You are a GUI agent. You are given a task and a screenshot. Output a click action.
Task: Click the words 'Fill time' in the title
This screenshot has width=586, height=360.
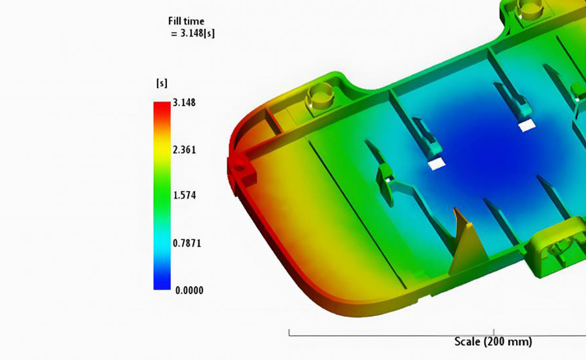186,21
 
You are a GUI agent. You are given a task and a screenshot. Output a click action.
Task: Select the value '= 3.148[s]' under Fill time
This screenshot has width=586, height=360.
193,33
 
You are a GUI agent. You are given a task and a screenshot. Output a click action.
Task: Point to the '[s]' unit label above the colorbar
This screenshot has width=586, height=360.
162,83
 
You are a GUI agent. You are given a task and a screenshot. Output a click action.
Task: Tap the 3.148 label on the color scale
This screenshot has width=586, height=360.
184,102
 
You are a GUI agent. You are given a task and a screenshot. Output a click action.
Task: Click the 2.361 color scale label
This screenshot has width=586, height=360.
185,150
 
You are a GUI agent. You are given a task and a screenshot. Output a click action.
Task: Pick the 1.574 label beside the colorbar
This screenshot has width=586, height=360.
185,195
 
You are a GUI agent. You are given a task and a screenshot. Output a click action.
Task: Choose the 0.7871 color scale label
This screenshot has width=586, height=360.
187,243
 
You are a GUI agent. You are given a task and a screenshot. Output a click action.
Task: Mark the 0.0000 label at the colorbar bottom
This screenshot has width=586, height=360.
190,290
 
